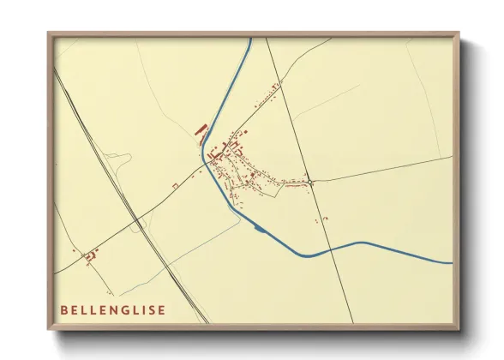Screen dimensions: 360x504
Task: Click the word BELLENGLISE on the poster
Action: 114,309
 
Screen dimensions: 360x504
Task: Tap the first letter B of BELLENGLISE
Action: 63,309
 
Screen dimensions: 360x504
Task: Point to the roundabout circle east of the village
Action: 312,182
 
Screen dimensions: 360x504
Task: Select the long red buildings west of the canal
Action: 201,130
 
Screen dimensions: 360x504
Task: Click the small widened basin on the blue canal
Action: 258,228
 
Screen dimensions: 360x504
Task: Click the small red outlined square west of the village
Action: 175,185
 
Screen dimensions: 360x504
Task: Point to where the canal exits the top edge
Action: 249,39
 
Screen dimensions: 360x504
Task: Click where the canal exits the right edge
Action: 451,261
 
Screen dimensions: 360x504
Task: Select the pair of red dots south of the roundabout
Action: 321,220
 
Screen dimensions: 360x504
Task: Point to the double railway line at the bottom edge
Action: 204,322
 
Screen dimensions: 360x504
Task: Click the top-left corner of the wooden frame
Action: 49,34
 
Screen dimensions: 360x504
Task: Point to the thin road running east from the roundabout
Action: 386,168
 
